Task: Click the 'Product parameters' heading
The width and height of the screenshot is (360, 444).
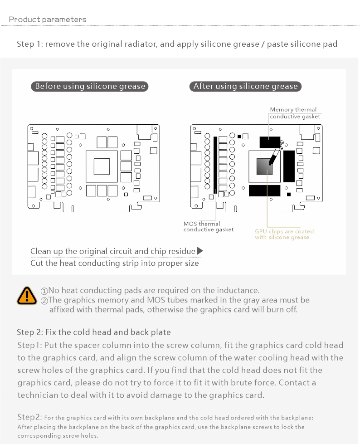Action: tap(48, 20)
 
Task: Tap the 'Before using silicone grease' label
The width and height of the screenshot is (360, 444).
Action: tap(90, 86)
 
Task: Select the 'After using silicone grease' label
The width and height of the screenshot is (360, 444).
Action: tap(245, 86)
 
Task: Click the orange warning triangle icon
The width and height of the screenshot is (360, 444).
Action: tap(27, 296)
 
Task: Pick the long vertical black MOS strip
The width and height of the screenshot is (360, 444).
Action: tap(215, 164)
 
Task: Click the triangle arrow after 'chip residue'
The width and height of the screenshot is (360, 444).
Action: tap(200, 251)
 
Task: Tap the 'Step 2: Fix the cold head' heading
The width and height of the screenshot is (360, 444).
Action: tap(94, 332)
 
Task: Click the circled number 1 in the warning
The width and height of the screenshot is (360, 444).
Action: tap(44, 291)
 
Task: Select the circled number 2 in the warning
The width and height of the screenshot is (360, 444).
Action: tap(44, 300)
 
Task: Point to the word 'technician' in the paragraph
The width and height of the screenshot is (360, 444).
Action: tap(39, 395)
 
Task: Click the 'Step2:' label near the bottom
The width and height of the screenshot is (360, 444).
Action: tap(30, 417)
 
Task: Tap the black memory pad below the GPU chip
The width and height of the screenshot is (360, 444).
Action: tap(264, 190)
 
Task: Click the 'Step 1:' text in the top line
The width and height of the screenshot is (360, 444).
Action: tap(30, 44)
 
